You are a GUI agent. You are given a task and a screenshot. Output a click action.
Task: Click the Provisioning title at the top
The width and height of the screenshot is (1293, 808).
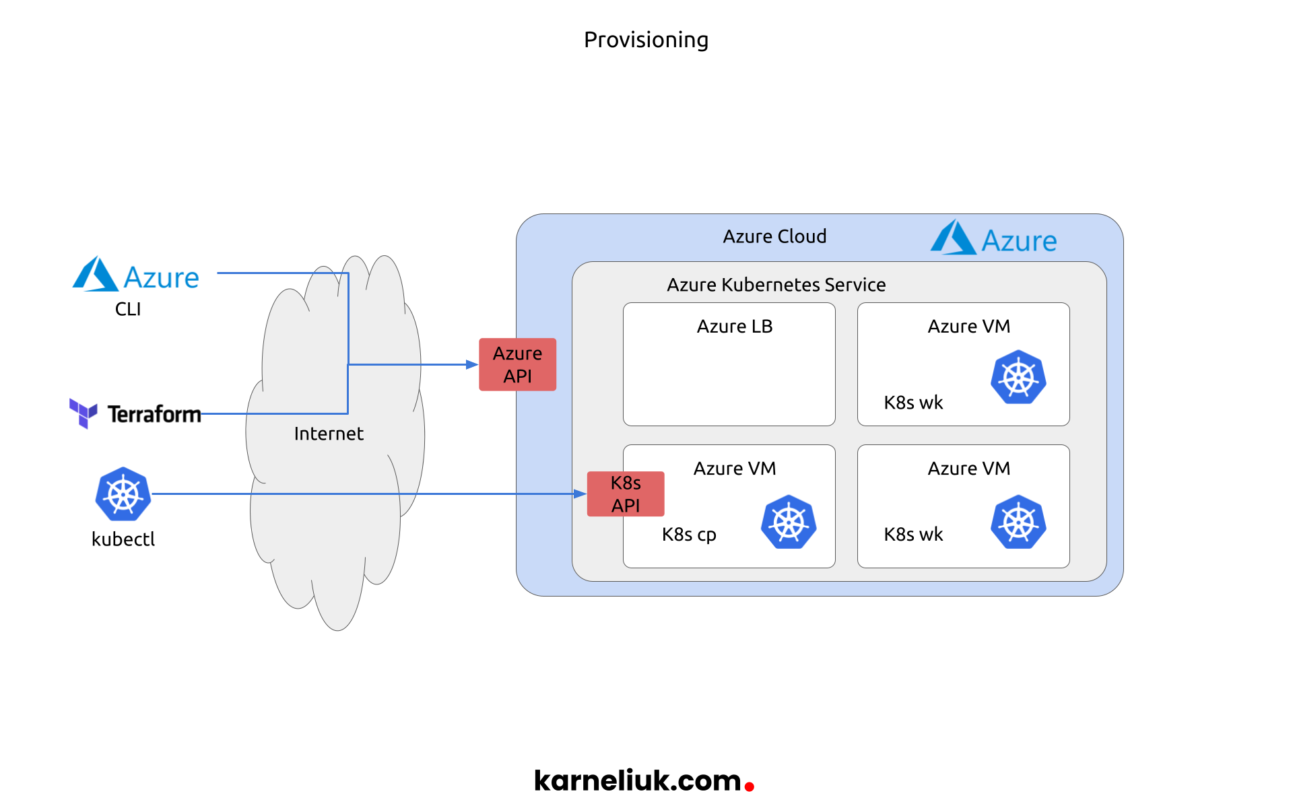(646, 40)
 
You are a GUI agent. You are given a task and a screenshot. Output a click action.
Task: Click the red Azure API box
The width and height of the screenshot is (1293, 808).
(517, 364)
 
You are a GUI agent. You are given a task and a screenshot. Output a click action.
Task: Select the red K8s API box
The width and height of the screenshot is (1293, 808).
(625, 494)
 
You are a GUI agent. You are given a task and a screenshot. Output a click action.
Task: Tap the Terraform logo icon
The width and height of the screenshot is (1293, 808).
(84, 413)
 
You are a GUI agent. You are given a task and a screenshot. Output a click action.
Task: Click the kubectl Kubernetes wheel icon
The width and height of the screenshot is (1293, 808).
(123, 494)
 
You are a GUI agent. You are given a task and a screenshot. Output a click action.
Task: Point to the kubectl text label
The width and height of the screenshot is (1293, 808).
(123, 539)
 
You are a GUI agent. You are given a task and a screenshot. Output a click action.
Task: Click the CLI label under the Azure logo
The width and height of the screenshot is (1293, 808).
(128, 309)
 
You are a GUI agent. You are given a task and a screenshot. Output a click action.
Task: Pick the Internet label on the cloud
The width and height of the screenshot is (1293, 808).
(329, 434)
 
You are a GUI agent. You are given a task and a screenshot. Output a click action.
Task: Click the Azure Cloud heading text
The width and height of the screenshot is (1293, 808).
(774, 236)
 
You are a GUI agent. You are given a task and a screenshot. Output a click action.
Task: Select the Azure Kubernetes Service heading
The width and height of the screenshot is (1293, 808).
(776, 285)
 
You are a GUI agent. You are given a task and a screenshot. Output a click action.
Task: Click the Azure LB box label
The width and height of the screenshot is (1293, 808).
(734, 327)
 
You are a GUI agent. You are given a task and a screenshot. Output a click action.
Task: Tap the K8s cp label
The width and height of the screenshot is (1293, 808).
(689, 535)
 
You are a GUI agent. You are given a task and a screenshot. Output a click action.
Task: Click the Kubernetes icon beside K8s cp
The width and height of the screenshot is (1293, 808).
(789, 522)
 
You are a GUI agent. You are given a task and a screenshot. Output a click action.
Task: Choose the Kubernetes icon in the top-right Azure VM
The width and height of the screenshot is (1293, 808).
(1018, 377)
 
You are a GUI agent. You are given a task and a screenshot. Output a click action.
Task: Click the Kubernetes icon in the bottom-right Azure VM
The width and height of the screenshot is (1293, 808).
(1018, 522)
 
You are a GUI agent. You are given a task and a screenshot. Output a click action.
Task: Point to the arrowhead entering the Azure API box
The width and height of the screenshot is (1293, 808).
(472, 364)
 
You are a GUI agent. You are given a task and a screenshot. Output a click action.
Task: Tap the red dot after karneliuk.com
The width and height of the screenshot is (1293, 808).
(749, 786)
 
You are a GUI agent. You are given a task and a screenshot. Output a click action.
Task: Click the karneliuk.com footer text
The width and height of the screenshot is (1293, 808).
(637, 780)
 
